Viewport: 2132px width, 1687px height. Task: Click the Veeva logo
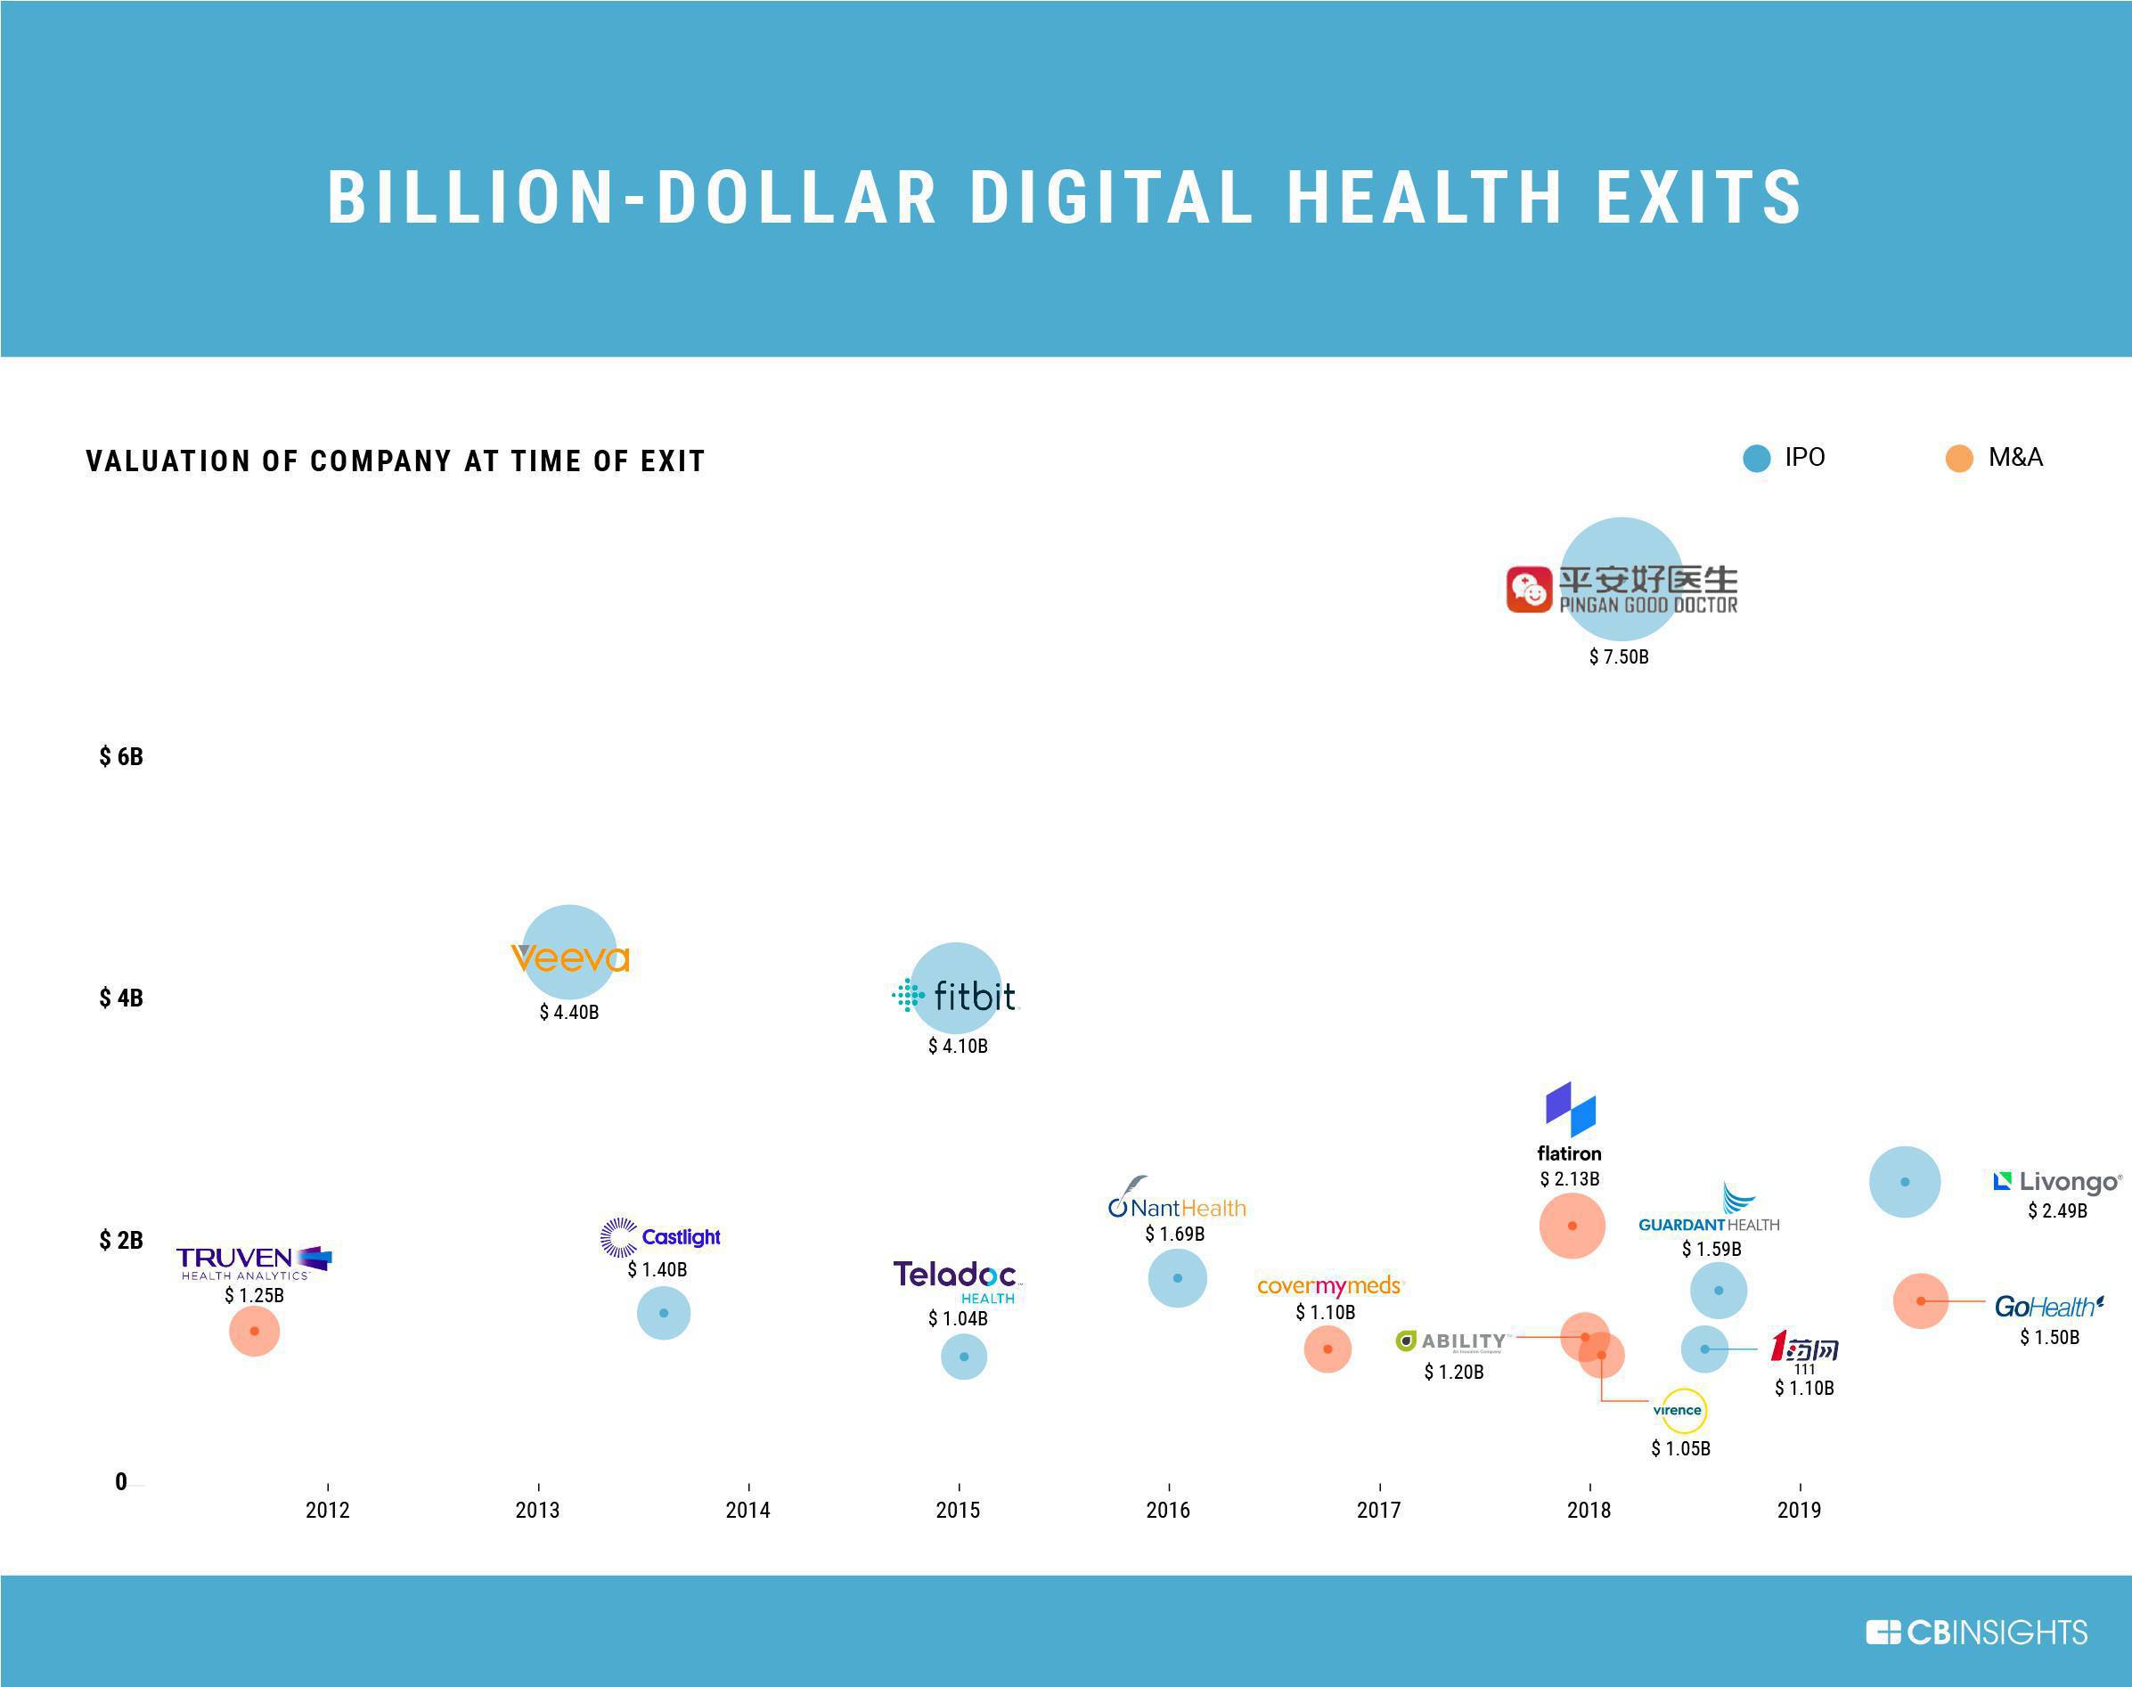(569, 958)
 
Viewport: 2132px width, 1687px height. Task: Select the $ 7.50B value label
(1618, 656)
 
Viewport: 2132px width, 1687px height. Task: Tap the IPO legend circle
(1756, 459)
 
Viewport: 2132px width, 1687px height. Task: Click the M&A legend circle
(1958, 459)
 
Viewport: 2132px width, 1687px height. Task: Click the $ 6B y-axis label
(120, 756)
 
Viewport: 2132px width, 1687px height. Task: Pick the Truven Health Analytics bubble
(254, 1331)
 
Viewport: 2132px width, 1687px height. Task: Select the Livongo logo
(2057, 1181)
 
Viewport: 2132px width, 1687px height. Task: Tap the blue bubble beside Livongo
(1904, 1181)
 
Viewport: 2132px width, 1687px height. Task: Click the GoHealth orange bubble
(1920, 1300)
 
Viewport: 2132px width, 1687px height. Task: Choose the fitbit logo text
(973, 996)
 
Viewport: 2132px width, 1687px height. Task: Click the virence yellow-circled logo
(1678, 1411)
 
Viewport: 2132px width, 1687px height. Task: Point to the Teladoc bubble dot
(963, 1357)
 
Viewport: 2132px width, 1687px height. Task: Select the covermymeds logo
(1327, 1286)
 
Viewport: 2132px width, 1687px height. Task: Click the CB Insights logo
(1976, 1633)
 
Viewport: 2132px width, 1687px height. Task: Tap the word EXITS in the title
(1699, 197)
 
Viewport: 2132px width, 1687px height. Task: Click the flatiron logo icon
(1570, 1108)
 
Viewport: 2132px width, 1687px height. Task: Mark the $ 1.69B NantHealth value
(1173, 1234)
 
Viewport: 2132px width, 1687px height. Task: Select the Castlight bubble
(663, 1313)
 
